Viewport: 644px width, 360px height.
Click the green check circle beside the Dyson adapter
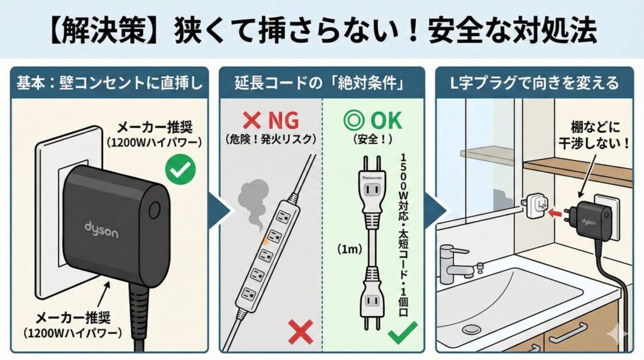180,169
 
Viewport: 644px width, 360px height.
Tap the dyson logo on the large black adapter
101,230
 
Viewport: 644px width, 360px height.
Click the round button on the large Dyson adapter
155,210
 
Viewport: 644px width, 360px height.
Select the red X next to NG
252,121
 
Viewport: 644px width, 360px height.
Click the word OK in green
386,120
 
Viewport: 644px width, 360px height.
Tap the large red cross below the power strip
301,332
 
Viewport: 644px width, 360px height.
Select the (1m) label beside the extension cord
349,249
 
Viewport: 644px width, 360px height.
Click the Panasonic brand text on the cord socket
372,178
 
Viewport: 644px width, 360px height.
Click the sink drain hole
471,329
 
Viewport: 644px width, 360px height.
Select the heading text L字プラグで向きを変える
535,83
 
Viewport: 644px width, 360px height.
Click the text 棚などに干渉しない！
594,135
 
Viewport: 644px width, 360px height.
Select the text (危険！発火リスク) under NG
270,139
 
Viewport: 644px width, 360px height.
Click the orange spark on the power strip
265,241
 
